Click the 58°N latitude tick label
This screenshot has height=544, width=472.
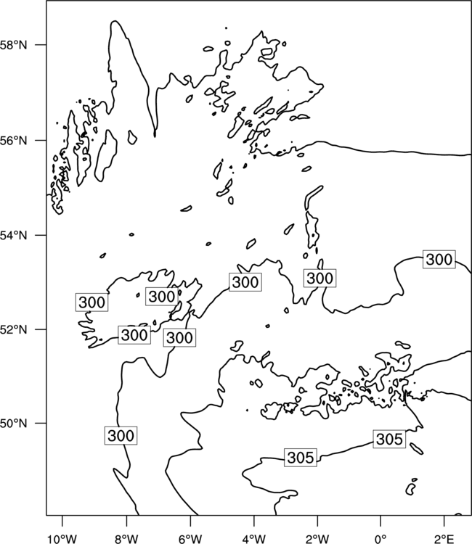tap(14, 45)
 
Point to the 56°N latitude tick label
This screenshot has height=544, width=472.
tap(14, 141)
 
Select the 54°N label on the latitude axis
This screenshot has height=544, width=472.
tap(14, 235)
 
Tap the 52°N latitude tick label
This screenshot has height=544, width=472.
tap(14, 329)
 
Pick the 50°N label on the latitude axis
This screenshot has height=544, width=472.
tap(14, 424)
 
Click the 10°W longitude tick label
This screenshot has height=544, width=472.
tap(62, 539)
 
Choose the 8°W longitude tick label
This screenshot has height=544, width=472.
tap(126, 539)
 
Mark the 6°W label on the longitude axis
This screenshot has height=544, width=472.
tap(190, 539)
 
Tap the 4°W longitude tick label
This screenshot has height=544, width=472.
tap(254, 539)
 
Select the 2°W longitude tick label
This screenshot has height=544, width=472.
tap(317, 539)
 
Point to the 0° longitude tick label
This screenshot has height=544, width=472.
tap(381, 539)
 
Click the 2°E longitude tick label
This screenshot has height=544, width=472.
tap(444, 539)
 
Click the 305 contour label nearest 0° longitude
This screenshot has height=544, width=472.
tap(389, 439)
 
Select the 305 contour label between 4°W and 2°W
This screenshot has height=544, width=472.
tap(301, 457)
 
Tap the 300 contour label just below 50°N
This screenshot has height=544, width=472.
tap(121, 435)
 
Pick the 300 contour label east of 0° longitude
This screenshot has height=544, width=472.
tap(439, 259)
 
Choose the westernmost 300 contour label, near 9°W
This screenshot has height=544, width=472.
tap(91, 302)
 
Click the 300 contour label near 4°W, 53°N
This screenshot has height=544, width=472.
tap(245, 282)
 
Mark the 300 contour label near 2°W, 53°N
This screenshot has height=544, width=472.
tap(320, 278)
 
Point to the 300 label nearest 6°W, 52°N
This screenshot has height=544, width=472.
tap(179, 337)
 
